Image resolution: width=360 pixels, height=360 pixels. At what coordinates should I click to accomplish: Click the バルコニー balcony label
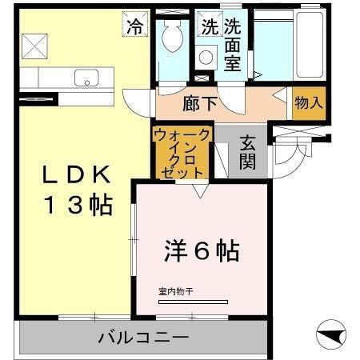(143, 338)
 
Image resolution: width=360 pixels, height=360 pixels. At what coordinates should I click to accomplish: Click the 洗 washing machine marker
(210, 26)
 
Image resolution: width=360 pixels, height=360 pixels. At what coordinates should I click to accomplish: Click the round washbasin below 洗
(206, 56)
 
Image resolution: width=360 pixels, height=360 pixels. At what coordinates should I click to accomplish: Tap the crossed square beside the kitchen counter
(35, 46)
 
